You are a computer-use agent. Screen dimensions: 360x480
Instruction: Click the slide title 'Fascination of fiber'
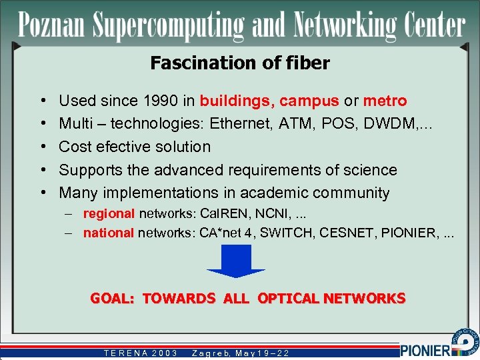(240, 63)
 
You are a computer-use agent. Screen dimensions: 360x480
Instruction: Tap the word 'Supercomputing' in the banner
(169, 26)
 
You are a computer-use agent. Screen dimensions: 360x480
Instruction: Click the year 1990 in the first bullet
(161, 101)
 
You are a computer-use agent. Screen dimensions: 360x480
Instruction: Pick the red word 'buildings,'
(237, 101)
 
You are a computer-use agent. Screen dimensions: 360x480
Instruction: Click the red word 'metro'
(385, 101)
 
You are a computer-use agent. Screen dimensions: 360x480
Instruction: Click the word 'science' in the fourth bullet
(369, 170)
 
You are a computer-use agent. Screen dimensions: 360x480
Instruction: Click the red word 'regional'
(109, 214)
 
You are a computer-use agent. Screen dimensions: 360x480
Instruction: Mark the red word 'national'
(109, 233)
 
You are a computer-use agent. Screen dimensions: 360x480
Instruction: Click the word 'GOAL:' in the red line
(113, 299)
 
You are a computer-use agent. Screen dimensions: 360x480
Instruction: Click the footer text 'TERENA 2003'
(141, 353)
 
